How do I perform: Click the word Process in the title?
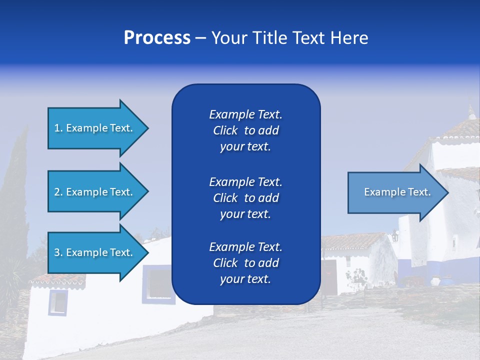pos(157,38)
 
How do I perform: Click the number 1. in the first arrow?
pos(58,128)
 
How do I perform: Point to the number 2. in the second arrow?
pos(58,192)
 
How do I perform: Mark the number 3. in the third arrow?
pos(58,252)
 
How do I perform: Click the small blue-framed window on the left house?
pos(57,302)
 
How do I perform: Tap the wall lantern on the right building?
pos(394,235)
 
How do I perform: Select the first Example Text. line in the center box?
pos(245,114)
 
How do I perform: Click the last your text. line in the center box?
pos(245,279)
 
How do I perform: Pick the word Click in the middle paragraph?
pos(225,198)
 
